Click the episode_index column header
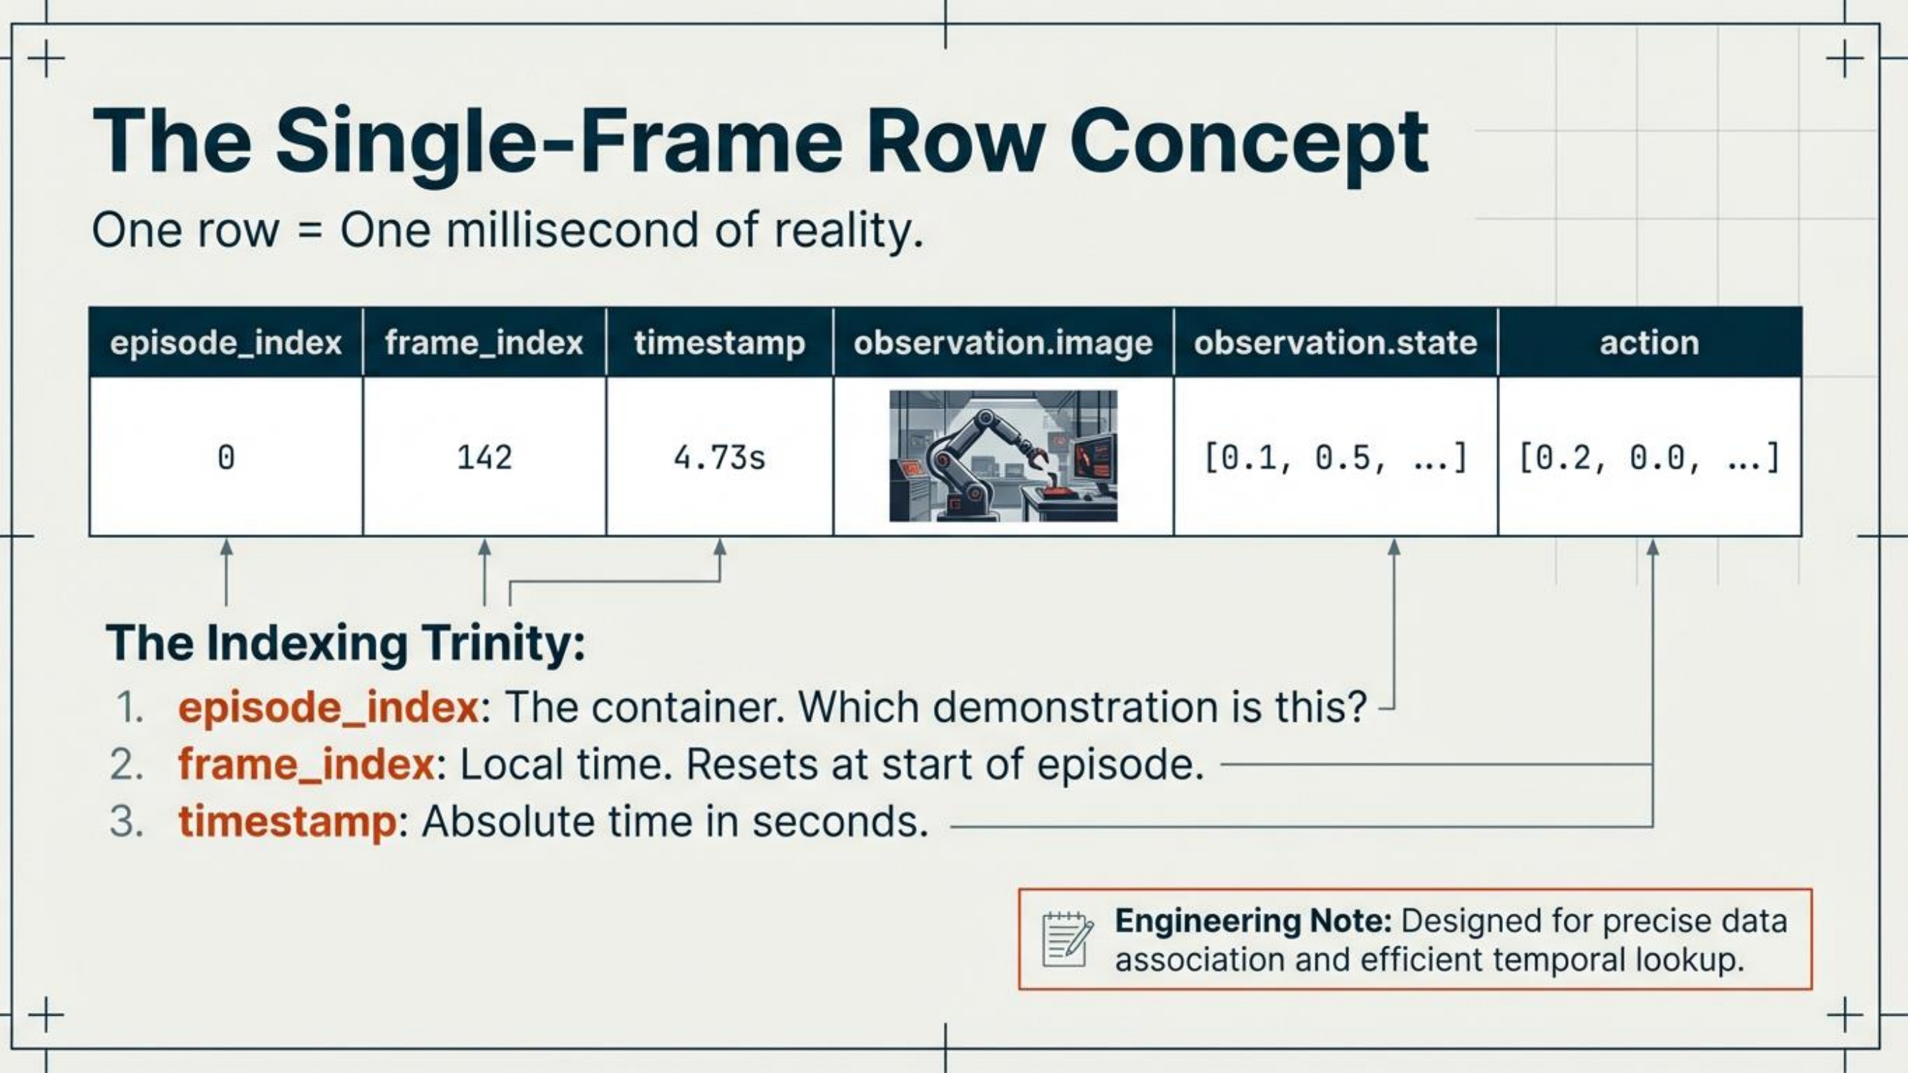[226, 343]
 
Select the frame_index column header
[485, 343]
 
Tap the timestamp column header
[719, 343]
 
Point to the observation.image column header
[1003, 343]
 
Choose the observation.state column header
[1335, 343]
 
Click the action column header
[1650, 343]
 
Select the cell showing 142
[485, 457]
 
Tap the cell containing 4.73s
[719, 457]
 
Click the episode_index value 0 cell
[226, 457]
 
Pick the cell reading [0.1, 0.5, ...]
[1335, 457]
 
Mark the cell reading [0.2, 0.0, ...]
[1650, 457]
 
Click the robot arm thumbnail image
[1003, 456]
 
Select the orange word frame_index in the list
[306, 764]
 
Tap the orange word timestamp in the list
[288, 822]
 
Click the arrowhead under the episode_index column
[227, 547]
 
